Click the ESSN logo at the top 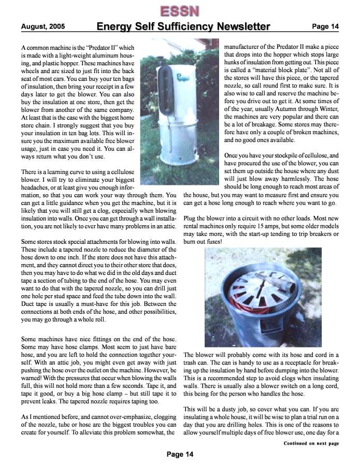(x=180, y=10)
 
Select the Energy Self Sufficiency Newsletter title (x=183, y=26)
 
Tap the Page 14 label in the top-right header (x=325, y=26)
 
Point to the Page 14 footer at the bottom (x=180, y=454)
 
